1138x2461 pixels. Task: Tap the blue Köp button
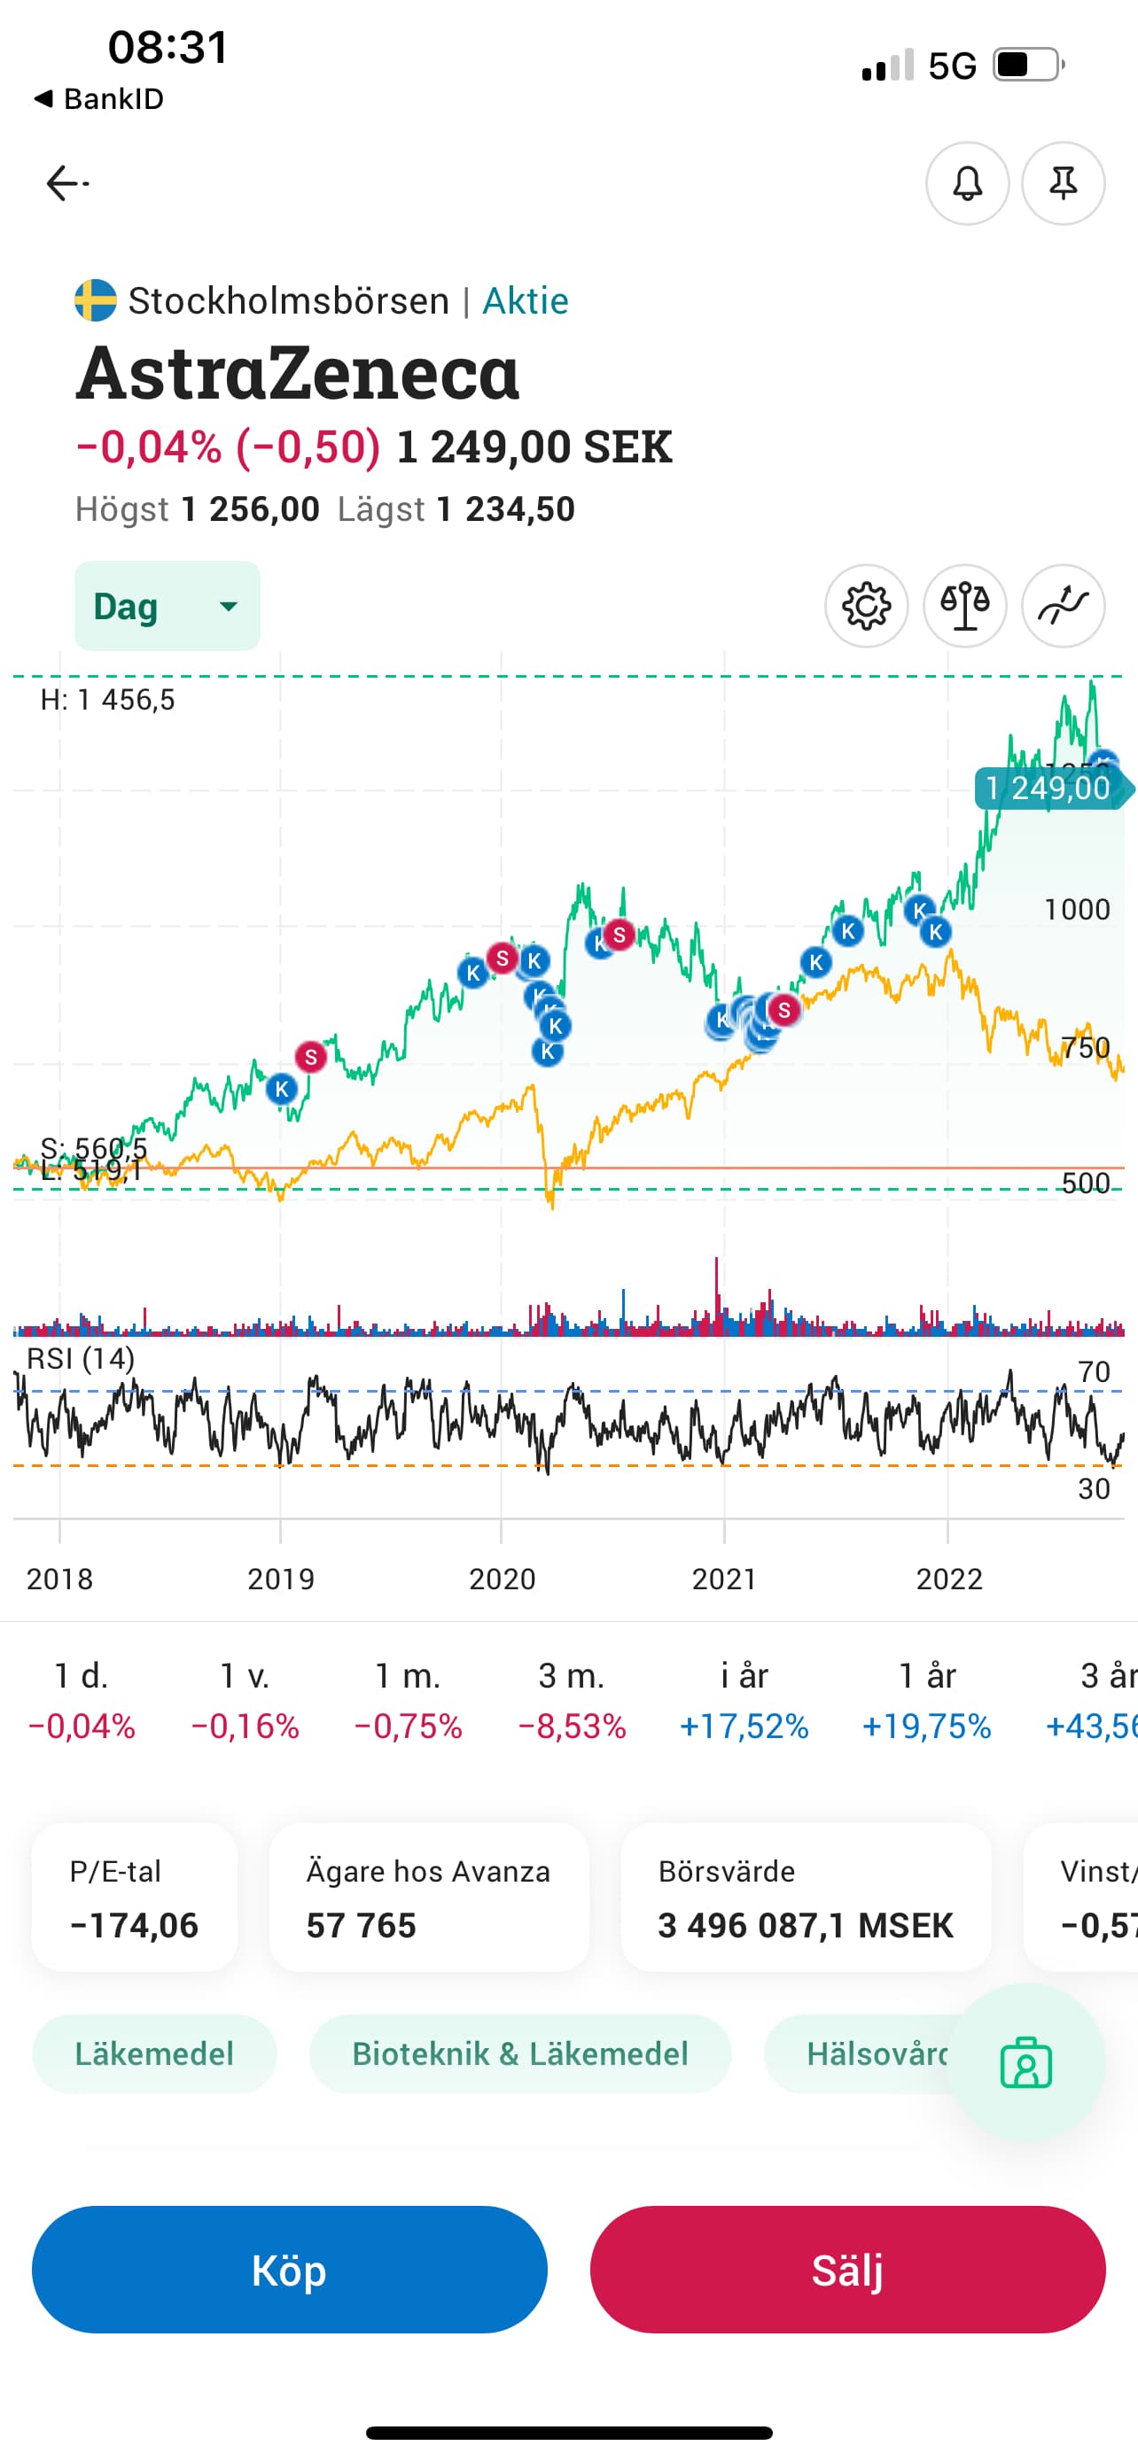[289, 2269]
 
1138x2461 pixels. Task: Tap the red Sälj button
[846, 2269]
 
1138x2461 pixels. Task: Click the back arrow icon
[66, 182]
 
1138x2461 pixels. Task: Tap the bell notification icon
[967, 183]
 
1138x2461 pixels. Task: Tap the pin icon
[1063, 183]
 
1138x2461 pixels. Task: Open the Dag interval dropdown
[168, 606]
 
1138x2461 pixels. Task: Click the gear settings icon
[866, 606]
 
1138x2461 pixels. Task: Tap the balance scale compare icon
[964, 606]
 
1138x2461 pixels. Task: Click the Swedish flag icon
[96, 300]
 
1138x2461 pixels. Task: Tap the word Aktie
[526, 301]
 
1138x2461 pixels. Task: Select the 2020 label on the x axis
[502, 1580]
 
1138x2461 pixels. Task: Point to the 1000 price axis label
[1076, 910]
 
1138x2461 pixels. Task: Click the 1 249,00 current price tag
[1048, 788]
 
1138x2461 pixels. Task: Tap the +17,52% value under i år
[744, 1727]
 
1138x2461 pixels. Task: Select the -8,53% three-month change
[572, 1727]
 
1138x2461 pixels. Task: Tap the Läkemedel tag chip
[154, 2054]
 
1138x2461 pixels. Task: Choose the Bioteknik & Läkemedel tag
[519, 2054]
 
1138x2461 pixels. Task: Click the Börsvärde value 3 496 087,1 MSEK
[806, 1925]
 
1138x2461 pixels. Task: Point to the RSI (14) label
[81, 1359]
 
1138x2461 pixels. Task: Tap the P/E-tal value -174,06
[134, 1925]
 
